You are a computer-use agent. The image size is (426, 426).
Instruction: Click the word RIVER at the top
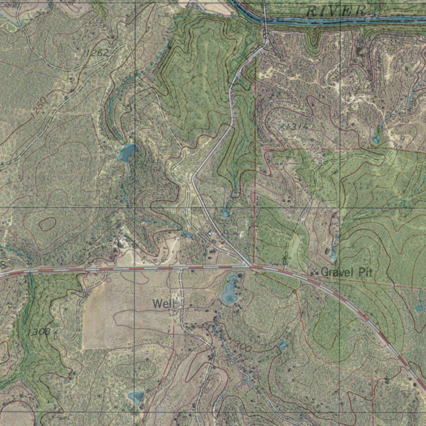pyautogui.click(x=335, y=11)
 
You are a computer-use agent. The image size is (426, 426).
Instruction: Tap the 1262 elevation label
pyautogui.click(x=97, y=53)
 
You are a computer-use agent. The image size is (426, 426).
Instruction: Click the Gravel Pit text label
pyautogui.click(x=347, y=272)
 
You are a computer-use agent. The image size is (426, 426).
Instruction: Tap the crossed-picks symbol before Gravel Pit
pyautogui.click(x=315, y=272)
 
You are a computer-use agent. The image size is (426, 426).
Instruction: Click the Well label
pyautogui.click(x=161, y=304)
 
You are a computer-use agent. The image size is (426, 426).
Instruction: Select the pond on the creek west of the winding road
pyautogui.click(x=126, y=153)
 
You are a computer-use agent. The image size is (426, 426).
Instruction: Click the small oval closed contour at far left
pyautogui.click(x=47, y=224)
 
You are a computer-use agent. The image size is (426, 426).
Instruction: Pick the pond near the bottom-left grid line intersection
pyautogui.click(x=136, y=397)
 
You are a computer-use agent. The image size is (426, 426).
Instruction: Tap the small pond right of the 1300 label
pyautogui.click(x=282, y=346)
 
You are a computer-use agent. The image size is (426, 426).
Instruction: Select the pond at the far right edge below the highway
pyautogui.click(x=419, y=309)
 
